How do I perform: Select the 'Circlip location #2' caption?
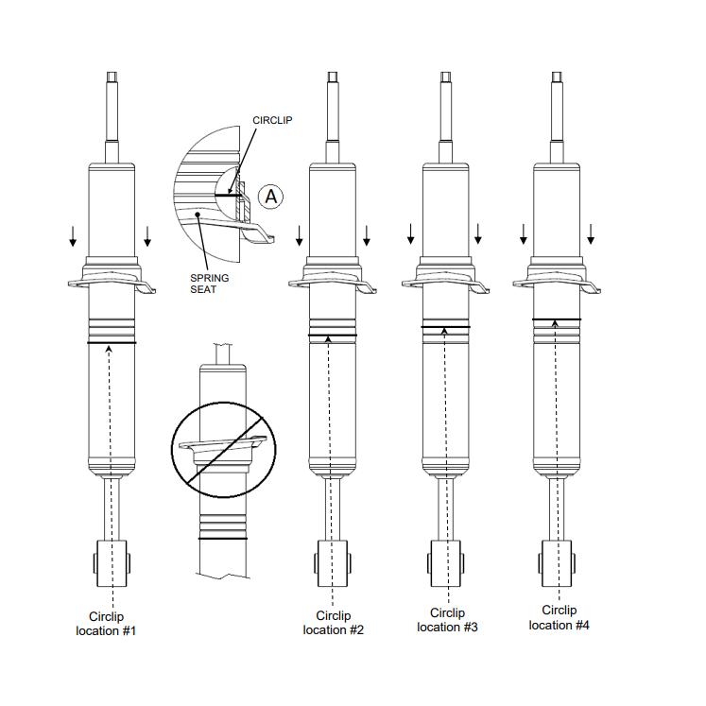[333, 622]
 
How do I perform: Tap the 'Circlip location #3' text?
[446, 619]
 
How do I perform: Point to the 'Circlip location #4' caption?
[559, 617]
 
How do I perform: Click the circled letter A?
[271, 196]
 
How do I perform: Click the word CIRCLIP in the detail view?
[273, 121]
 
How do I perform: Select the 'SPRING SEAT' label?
[209, 283]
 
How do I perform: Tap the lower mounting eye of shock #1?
[112, 563]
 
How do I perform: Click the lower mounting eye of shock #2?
[333, 563]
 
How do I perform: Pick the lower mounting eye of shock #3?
[445, 561]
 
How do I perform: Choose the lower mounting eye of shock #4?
[557, 561]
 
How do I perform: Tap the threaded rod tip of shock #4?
[557, 77]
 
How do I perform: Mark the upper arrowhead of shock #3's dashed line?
[445, 331]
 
